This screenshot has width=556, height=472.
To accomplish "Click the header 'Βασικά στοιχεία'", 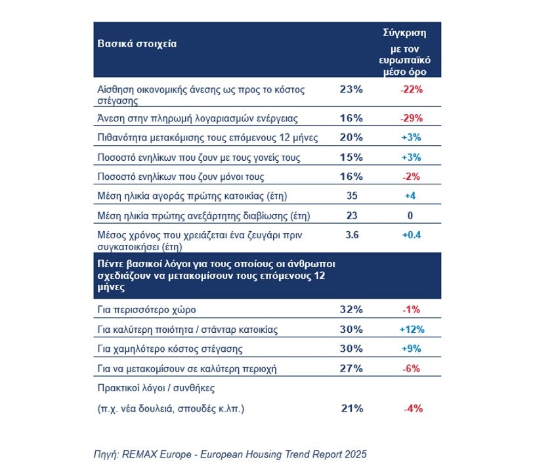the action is [x=137, y=43].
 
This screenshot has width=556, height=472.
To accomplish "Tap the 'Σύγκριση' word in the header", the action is [x=404, y=33].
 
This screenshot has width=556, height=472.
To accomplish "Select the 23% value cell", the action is [x=351, y=89].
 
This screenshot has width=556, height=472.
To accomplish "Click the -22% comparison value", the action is [x=412, y=89].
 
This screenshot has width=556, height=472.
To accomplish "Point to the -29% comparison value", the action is [x=412, y=118].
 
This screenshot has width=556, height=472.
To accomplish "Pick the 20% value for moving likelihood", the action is [x=351, y=137].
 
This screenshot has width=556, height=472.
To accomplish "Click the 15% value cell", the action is [x=351, y=157].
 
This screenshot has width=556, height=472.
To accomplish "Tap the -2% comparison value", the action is [x=412, y=176].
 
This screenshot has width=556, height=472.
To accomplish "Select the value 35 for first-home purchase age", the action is [x=352, y=196].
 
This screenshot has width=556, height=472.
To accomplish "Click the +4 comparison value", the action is [x=410, y=196].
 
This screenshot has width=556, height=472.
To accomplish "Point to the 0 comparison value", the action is [x=410, y=215].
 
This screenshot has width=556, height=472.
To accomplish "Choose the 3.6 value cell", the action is [x=352, y=235].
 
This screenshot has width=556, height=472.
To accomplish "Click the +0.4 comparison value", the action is [x=412, y=235].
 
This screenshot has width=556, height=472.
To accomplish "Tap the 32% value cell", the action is [x=351, y=310].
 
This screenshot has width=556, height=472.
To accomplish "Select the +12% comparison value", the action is [x=412, y=330].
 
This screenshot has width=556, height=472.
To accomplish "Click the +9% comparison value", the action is [x=412, y=349].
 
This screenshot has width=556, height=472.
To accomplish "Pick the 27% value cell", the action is [x=351, y=368].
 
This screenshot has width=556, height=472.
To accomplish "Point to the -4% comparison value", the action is [x=413, y=408].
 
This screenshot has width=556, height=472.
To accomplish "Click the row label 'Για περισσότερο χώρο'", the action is [x=146, y=310].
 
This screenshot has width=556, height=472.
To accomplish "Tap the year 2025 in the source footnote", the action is [x=356, y=454].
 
